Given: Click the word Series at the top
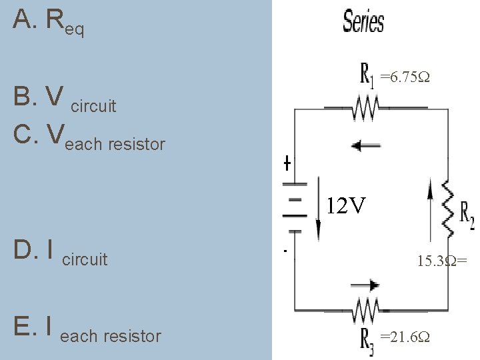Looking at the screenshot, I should pyautogui.click(x=363, y=21).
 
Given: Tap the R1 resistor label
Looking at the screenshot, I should pyautogui.click(x=366, y=74).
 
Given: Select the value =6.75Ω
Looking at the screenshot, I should pyautogui.click(x=405, y=77).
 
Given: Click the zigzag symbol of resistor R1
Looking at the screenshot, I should pyautogui.click(x=365, y=106).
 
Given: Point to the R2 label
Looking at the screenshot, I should pyautogui.click(x=467, y=212).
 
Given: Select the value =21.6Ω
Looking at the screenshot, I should pyautogui.click(x=405, y=337).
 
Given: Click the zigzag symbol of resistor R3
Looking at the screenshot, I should pyautogui.click(x=365, y=309).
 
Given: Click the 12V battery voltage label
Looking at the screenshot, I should pyautogui.click(x=346, y=207).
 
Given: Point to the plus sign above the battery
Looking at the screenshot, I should pyautogui.click(x=287, y=163).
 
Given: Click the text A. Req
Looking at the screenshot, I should pyautogui.click(x=48, y=23).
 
